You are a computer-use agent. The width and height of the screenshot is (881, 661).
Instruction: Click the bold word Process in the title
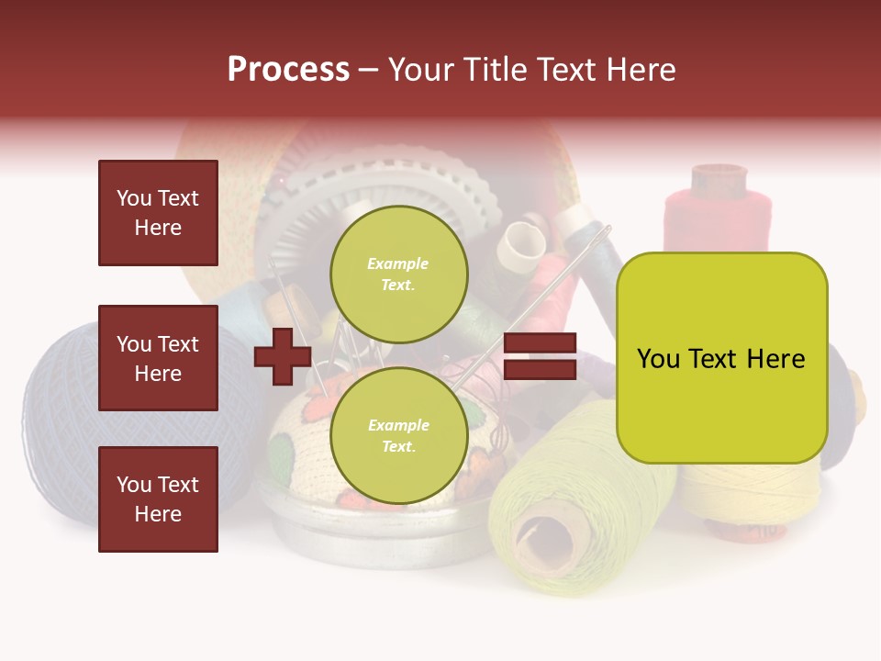(x=288, y=69)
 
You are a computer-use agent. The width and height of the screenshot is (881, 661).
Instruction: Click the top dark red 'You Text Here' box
(x=158, y=213)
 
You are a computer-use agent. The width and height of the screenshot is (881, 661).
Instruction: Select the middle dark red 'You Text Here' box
(x=158, y=358)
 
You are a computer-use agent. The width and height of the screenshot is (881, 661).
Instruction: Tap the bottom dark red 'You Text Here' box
(x=158, y=499)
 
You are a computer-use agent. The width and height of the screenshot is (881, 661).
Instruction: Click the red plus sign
(x=282, y=356)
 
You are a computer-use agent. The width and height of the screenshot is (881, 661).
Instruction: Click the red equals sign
(x=540, y=356)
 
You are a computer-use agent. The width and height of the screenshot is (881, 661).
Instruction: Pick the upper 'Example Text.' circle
(x=398, y=274)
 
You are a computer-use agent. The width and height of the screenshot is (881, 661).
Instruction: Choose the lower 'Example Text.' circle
(x=398, y=435)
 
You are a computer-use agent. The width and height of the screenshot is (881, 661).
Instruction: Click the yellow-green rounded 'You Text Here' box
(x=721, y=357)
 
